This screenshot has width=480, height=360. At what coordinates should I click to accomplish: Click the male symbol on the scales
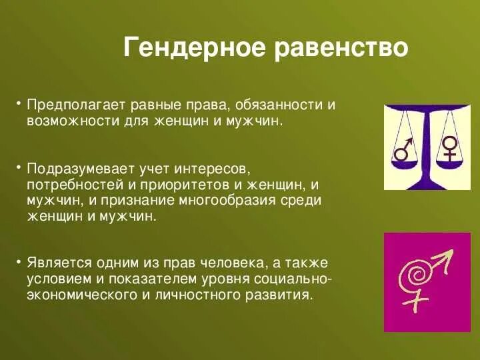point(403,150)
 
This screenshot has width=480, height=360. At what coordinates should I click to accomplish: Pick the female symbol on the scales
point(450,148)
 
